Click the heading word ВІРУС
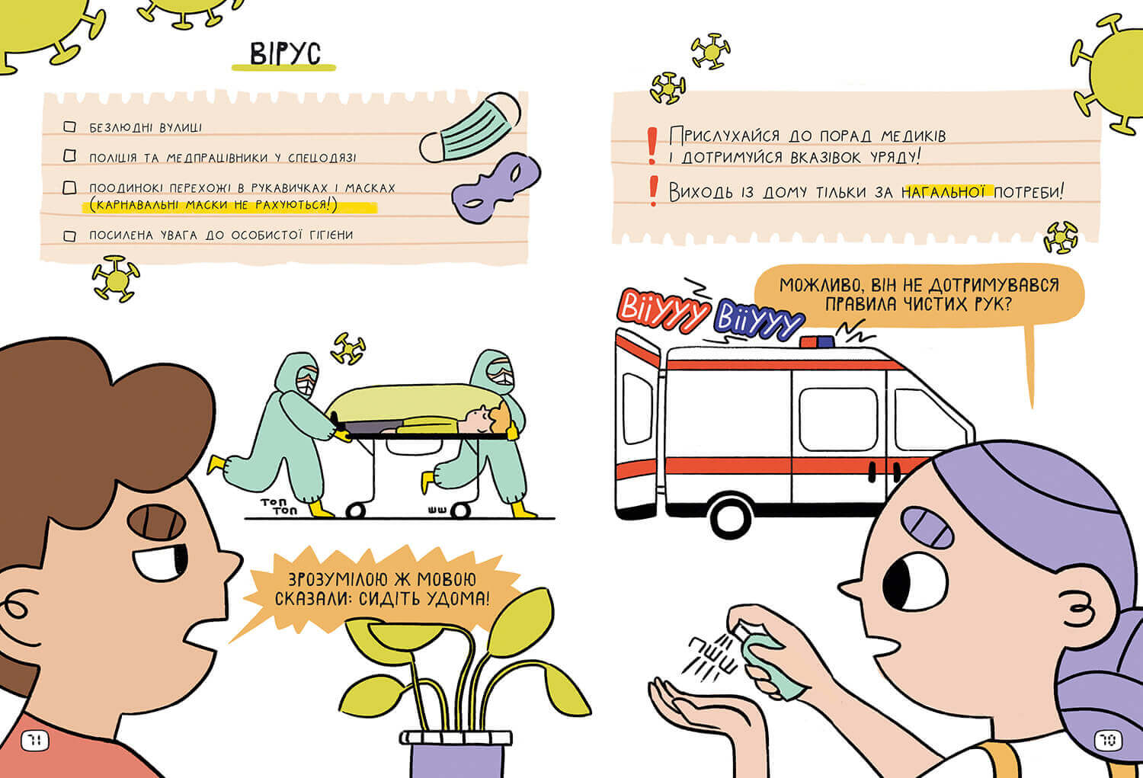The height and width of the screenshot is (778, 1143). tap(285, 53)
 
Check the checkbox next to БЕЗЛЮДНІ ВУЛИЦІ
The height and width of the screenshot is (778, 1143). tap(70, 126)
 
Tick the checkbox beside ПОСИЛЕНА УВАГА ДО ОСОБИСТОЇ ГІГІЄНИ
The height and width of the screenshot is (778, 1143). tap(70, 235)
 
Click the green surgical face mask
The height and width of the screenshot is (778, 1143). tap(470, 128)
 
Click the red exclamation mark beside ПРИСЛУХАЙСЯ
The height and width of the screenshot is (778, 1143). tap(652, 146)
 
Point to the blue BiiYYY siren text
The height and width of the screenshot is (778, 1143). tap(759, 320)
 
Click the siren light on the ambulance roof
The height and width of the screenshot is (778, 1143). tap(817, 341)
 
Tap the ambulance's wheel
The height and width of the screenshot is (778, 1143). tap(732, 518)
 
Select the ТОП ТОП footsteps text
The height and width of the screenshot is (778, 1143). tap(278, 506)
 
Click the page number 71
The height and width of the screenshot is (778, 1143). tap(35, 740)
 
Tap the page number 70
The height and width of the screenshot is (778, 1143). tap(1108, 740)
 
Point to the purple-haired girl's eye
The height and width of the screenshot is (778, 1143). tap(914, 582)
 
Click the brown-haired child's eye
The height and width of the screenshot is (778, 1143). tap(162, 562)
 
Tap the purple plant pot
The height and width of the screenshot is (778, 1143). tap(456, 754)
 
